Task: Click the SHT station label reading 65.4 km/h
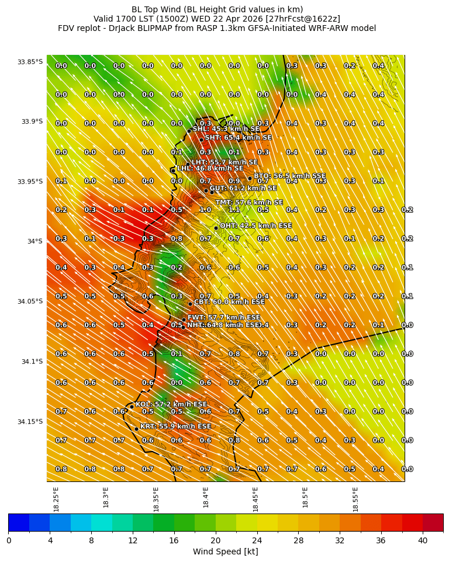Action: [x=238, y=138]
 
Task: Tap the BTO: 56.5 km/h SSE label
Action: [x=289, y=176]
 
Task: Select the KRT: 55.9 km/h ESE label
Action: [x=175, y=427]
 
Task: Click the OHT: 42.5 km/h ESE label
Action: [x=247, y=226]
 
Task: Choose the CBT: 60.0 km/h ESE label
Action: [x=229, y=302]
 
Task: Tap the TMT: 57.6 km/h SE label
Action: [x=249, y=203]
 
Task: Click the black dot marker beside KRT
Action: [x=136, y=429]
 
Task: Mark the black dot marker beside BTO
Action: [x=250, y=178]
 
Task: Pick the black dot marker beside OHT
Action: [x=216, y=228]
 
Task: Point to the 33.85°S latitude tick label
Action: [x=30, y=62]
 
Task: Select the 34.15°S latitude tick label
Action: [x=30, y=422]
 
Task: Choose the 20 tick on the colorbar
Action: [x=216, y=540]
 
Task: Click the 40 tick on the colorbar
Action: [x=423, y=540]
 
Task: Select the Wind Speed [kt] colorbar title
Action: [x=225, y=552]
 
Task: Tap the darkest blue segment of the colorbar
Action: [x=19, y=522]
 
